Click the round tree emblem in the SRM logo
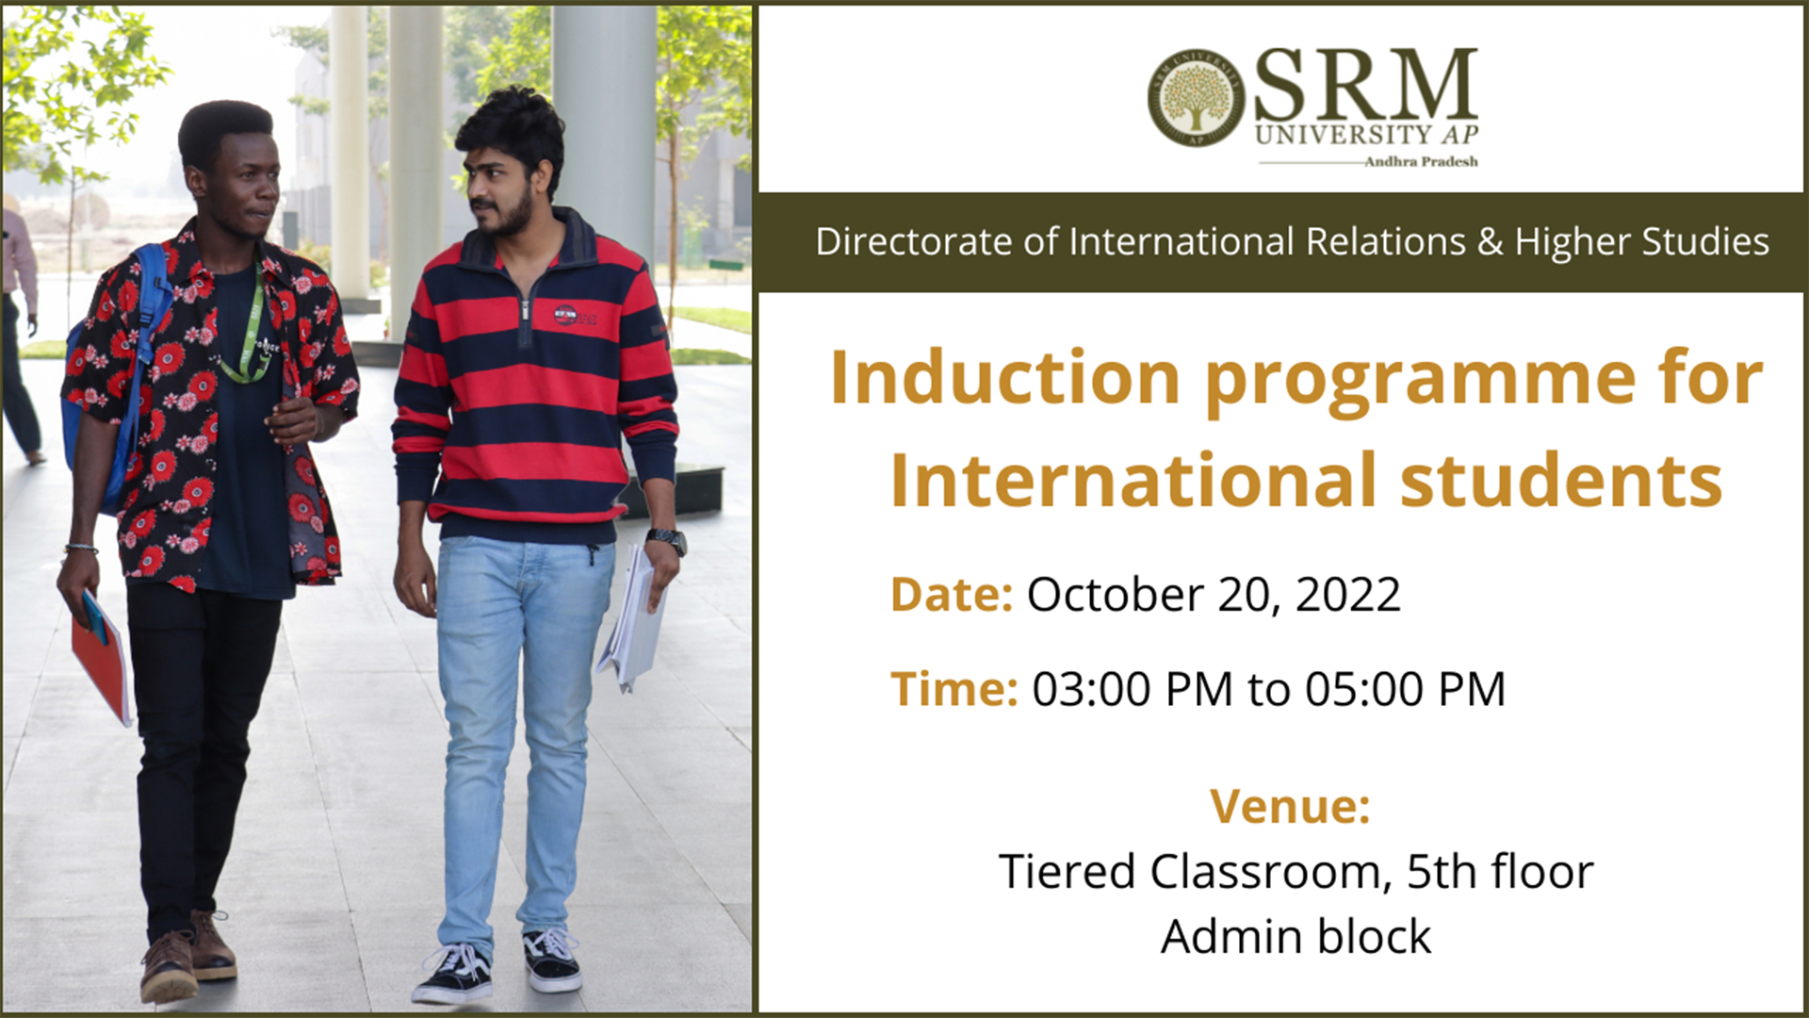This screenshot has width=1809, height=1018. point(1196,98)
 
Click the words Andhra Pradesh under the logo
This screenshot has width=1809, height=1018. point(1421,162)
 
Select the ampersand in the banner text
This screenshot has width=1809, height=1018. point(1490,242)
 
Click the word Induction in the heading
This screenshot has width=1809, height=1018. point(1004,377)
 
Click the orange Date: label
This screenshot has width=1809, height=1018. point(952,594)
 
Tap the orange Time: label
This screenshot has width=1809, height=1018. point(954,688)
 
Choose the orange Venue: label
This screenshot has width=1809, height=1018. point(1290,806)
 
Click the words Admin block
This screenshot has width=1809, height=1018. point(1296,936)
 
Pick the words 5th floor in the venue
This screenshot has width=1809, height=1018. point(1500,871)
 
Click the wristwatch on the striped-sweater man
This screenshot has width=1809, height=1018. point(667,540)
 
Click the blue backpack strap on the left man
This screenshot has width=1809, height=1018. point(151,311)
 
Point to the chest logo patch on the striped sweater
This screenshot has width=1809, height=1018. point(564,315)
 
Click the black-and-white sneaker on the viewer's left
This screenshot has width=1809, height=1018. point(453,973)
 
